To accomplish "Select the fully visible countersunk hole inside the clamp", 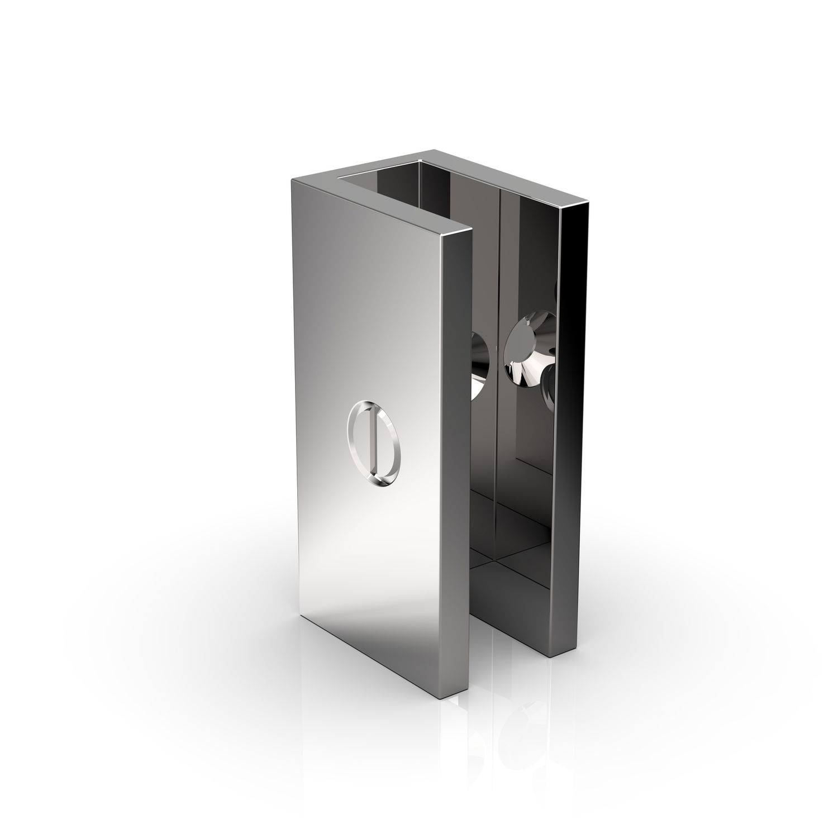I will (x=527, y=353).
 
